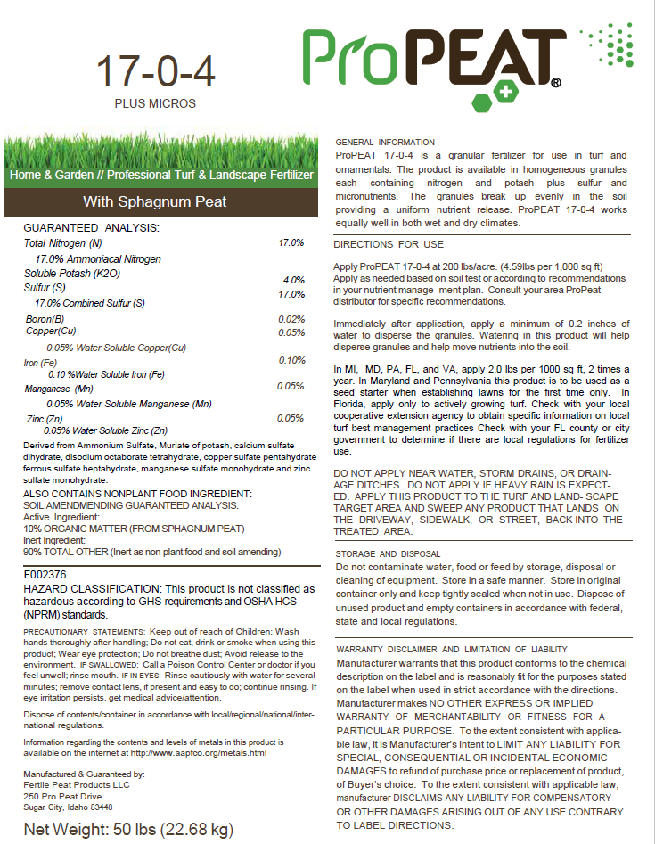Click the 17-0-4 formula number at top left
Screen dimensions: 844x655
155,73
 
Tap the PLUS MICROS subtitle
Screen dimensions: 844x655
155,103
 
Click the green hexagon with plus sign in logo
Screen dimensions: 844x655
505,92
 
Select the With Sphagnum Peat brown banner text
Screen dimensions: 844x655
155,201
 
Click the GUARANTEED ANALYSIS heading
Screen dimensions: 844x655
91,228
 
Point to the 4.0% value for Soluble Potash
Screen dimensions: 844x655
294,280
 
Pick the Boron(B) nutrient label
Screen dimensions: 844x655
45,319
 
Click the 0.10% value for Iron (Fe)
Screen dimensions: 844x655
291,360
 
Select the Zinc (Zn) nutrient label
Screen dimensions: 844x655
45,418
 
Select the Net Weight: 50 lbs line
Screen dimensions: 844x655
128,829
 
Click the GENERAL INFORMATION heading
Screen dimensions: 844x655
384,143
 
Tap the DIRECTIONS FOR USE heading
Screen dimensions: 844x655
388,244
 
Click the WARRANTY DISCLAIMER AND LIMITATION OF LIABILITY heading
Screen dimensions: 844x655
452,650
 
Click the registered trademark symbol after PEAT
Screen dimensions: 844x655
555,84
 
